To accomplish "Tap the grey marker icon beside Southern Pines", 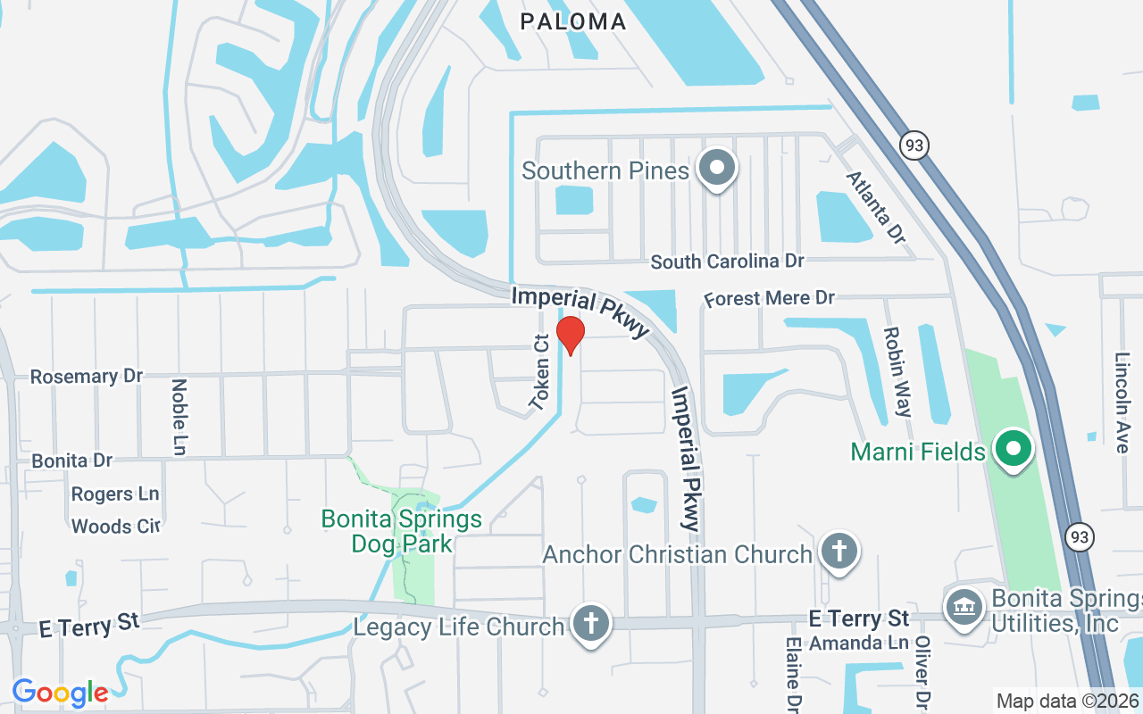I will [715, 168].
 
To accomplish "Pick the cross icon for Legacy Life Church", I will [589, 622].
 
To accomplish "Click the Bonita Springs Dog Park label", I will [402, 531].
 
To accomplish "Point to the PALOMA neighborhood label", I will [572, 21].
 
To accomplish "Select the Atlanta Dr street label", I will [875, 207].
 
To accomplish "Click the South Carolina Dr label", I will [727, 262].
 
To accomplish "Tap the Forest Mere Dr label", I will [769, 298].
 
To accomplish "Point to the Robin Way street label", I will [897, 371].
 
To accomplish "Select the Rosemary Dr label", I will [87, 377].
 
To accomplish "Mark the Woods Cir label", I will [115, 527].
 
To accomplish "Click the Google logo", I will [60, 692].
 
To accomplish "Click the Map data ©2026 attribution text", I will [1067, 701].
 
